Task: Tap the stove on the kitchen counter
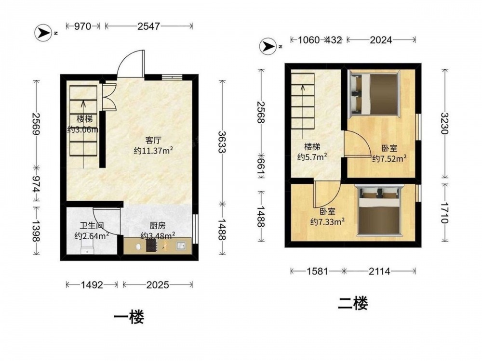point(151,245)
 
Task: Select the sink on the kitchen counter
point(181,245)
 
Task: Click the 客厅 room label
point(153,141)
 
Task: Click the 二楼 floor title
point(353,303)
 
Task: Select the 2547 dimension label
point(149,26)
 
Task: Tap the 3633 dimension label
point(222,142)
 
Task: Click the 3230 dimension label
point(445,123)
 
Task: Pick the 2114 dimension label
point(379,271)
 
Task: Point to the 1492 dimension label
point(92,285)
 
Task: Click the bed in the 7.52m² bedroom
point(374,94)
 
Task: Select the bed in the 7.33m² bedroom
point(379,210)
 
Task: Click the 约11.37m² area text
point(153,151)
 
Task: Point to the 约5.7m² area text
point(312,157)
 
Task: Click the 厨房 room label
point(158,226)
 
